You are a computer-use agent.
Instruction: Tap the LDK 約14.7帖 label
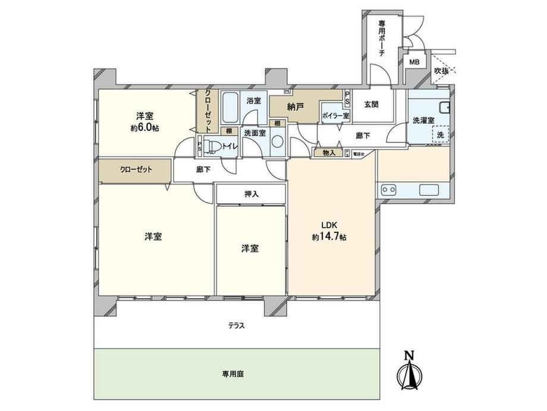click(x=330, y=231)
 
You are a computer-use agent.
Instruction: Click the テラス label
click(x=236, y=326)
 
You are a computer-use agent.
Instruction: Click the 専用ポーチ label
click(x=382, y=38)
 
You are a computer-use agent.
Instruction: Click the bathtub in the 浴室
click(x=230, y=106)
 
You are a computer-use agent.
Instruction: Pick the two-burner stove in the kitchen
click(x=390, y=190)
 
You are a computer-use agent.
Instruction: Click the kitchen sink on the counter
click(x=429, y=190)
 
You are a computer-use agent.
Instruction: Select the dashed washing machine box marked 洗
click(x=441, y=135)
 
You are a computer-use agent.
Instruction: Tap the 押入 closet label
click(x=252, y=194)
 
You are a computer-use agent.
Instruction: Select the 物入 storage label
click(x=329, y=152)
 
